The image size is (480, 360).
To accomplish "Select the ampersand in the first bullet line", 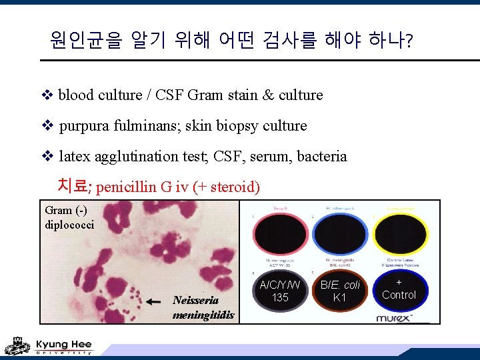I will pyautogui.click(x=269, y=95).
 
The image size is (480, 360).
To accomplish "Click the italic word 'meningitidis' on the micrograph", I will pyautogui.click(x=203, y=315).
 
